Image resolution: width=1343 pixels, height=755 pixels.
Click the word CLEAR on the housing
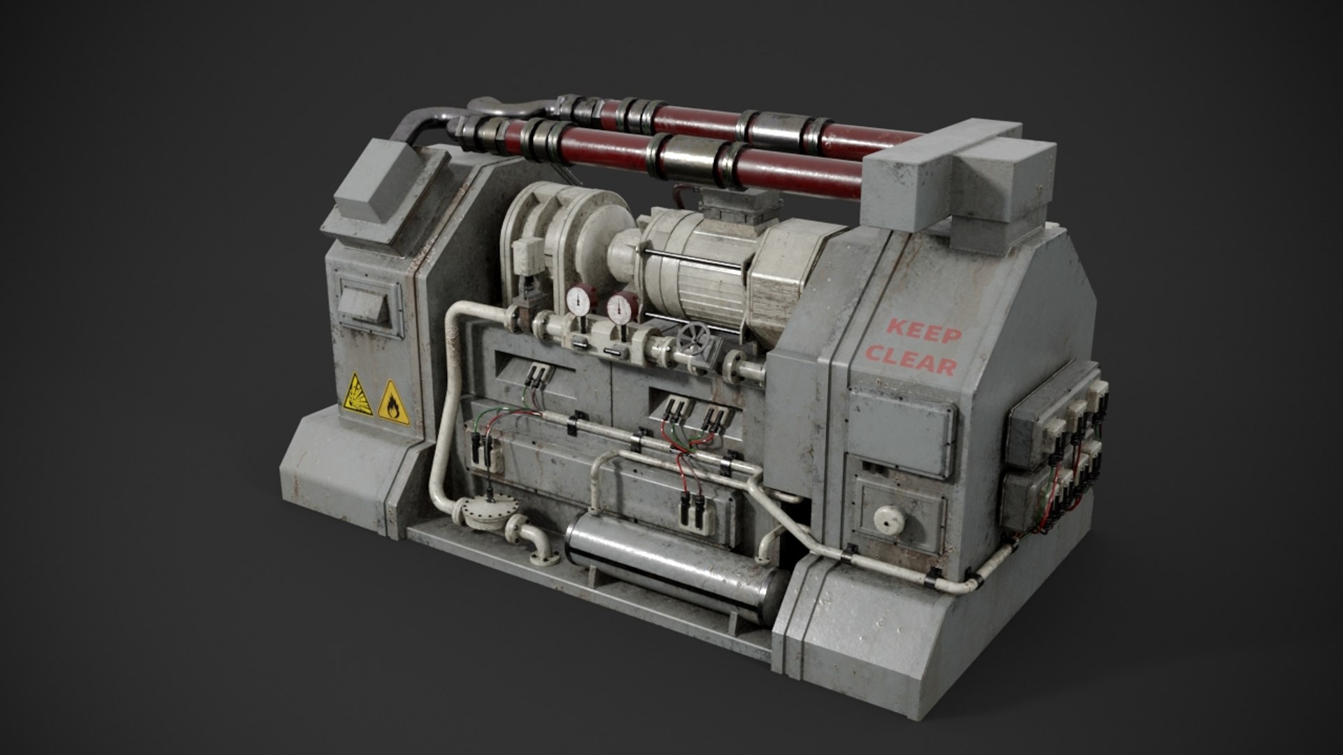pyautogui.click(x=911, y=361)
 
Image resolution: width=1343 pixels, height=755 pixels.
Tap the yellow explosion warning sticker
pyautogui.click(x=357, y=395)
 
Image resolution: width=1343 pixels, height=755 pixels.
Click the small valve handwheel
pyautogui.click(x=692, y=341)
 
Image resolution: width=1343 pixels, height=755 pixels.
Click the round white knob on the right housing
pyautogui.click(x=888, y=518)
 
